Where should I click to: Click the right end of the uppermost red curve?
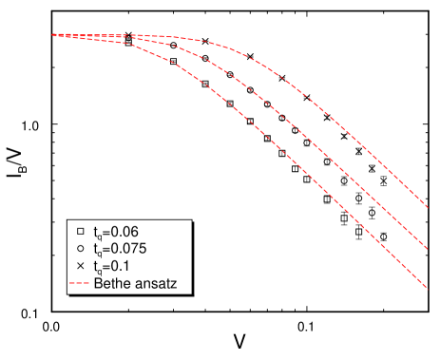pos(428,207)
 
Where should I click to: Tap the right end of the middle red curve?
pos(428,249)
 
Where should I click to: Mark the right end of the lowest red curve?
pos(428,287)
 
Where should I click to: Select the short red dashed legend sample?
pos(79,283)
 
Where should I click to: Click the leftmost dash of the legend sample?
pos(72,283)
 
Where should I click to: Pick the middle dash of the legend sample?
pos(79,283)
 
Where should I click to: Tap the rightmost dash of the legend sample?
pos(86,283)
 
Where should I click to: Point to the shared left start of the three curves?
pos(53,35)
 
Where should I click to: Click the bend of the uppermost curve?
pos(238,52)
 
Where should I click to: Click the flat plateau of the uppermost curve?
pos(143,36)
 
